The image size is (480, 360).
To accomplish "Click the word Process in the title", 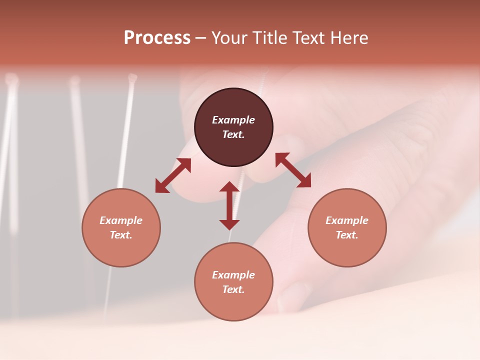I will coord(157,38).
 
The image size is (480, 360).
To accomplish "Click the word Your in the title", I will coord(229,38).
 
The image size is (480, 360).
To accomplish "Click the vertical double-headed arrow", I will coord(229,205).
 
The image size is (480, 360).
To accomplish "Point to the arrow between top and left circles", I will coord(173,175).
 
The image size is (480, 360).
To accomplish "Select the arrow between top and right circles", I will coord(293,170).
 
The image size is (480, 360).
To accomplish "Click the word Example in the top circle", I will coord(233,120).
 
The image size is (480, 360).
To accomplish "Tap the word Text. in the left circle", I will coord(121,235).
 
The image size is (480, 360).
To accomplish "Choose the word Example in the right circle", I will coord(347,220).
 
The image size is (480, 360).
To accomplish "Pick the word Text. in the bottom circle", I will coord(233,289).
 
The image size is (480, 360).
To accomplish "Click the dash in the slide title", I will coord(200,38).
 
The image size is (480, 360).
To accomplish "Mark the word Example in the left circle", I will coord(121,220).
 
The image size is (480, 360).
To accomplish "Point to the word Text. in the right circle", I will coord(347,235).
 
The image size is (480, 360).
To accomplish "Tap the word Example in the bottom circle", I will coord(233,275).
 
